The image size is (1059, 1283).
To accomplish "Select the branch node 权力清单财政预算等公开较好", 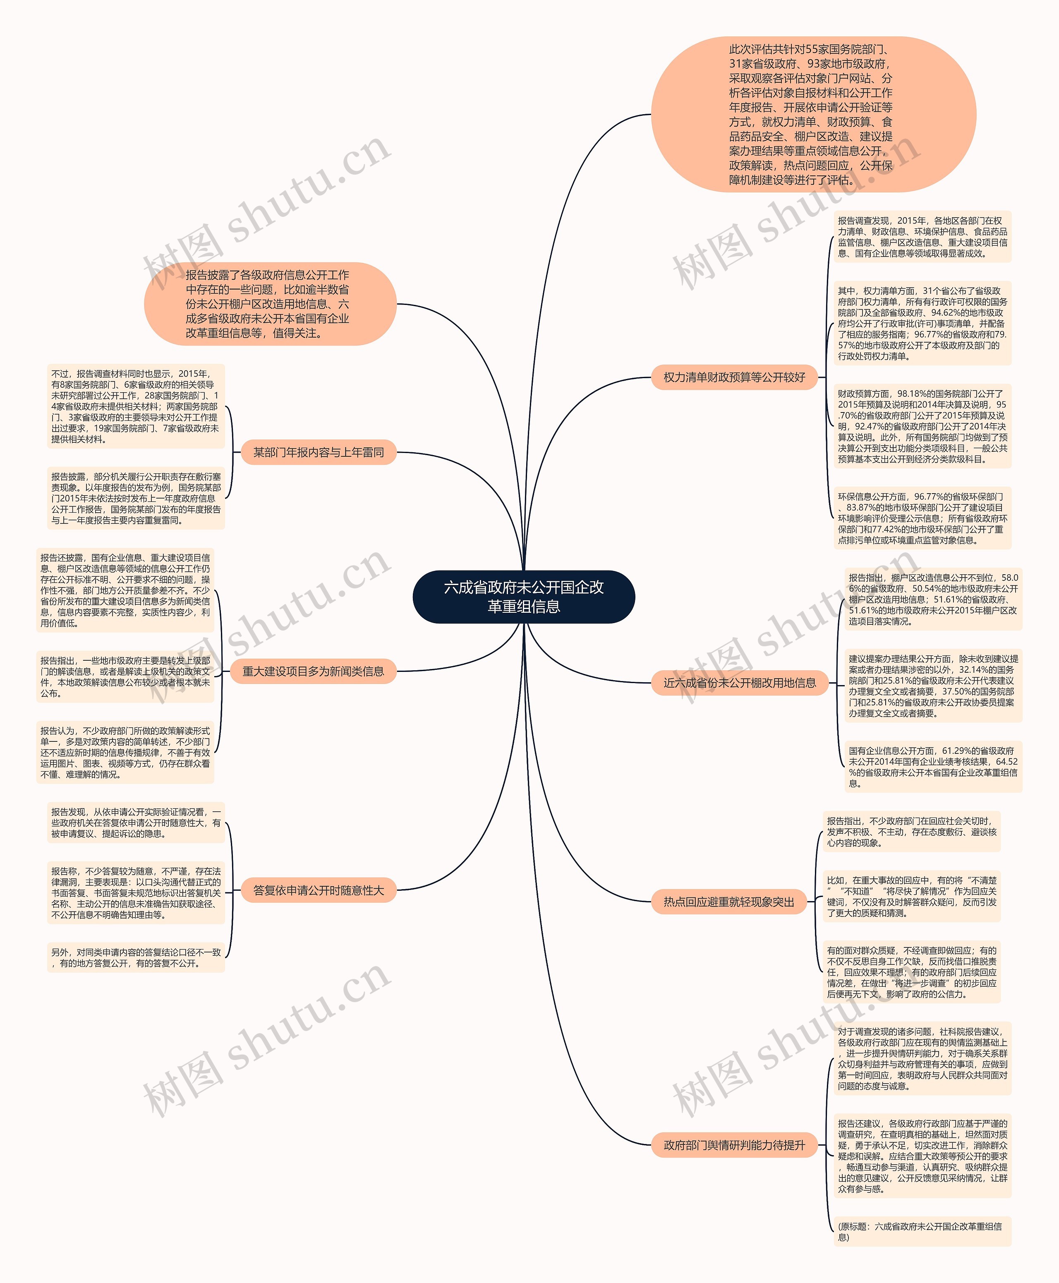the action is tap(734, 377).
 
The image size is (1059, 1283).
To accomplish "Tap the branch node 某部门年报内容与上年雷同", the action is tap(319, 452).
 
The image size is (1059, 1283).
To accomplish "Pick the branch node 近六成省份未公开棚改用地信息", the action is tap(739, 683).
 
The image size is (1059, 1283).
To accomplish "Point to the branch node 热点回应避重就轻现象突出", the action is tap(729, 902).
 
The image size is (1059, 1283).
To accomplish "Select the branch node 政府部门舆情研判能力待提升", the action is tap(734, 1145).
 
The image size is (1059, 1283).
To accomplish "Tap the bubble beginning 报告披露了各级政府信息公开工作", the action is tap(270, 304).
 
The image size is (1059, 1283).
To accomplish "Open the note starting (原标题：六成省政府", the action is tap(922, 1232).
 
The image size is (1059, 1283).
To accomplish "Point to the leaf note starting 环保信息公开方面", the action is tap(922, 518).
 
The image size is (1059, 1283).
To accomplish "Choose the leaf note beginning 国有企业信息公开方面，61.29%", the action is tap(933, 766).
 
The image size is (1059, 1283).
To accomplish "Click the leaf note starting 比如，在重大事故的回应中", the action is tap(911, 896).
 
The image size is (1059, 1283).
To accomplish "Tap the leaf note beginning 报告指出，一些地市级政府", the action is tap(125, 676).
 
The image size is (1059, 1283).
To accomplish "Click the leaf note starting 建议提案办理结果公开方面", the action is tap(933, 686).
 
